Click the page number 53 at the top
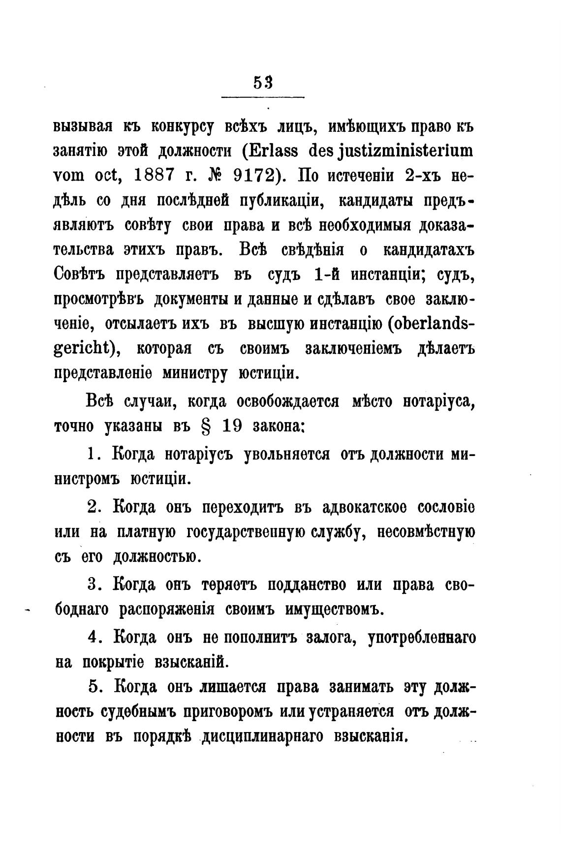[263, 83]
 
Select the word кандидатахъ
[428, 250]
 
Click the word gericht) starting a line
[87, 350]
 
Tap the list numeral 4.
[93, 637]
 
